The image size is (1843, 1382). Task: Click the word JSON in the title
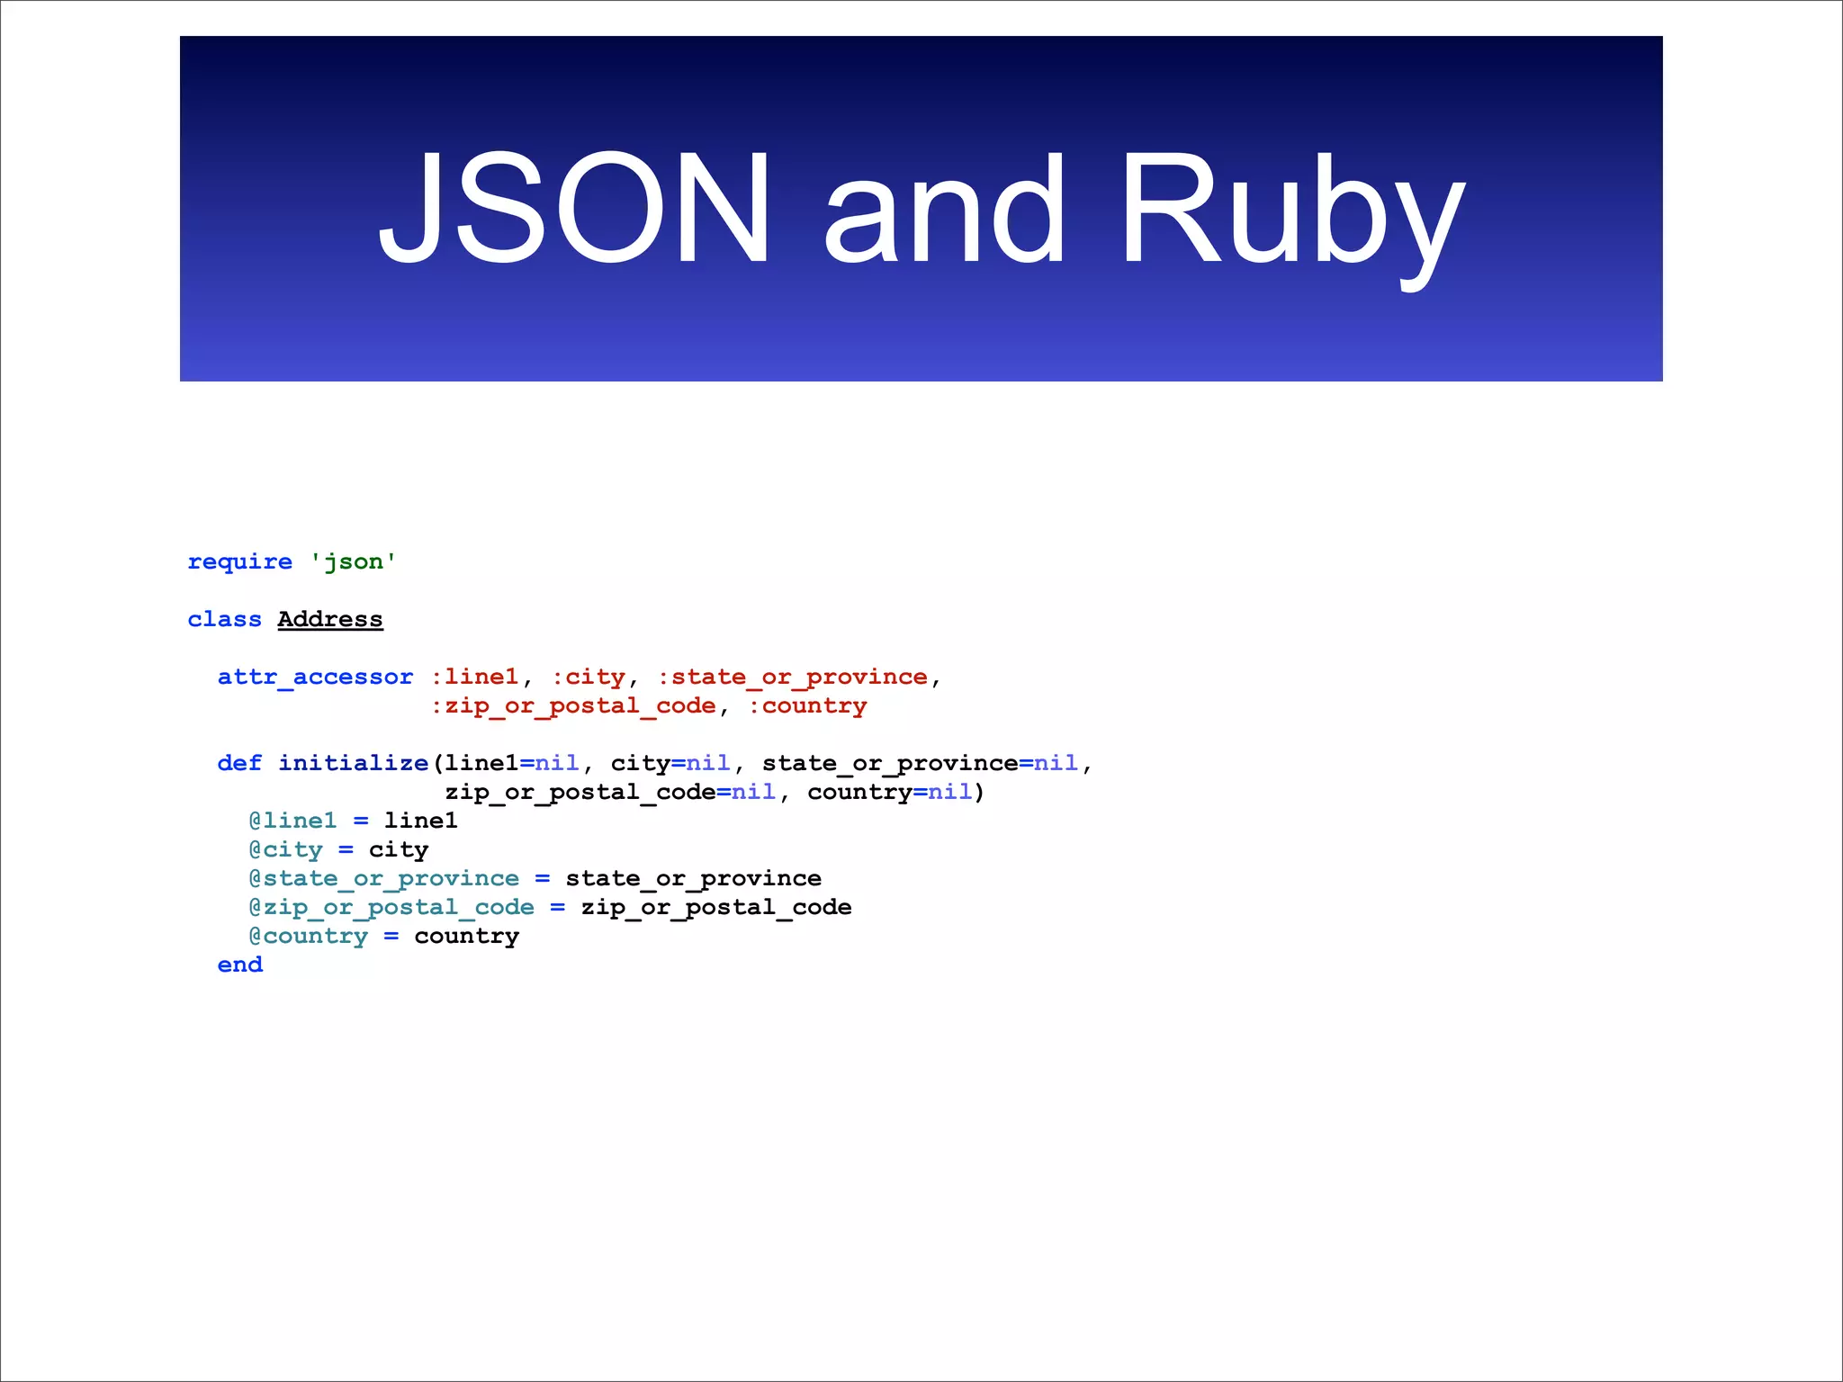click(574, 209)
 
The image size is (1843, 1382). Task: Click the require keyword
click(239, 562)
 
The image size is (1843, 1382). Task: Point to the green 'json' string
click(354, 562)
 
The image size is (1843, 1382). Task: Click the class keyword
click(224, 620)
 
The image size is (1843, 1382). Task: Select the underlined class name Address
click(330, 620)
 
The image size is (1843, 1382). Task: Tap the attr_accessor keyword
click(315, 678)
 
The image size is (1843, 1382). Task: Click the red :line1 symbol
click(474, 678)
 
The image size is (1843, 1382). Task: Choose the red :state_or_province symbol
click(792, 678)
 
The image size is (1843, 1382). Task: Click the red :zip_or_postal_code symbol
click(573, 706)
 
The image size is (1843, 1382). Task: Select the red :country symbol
click(807, 706)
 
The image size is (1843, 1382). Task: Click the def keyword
click(239, 764)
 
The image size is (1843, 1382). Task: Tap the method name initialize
click(353, 764)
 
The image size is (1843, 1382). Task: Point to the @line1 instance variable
click(292, 821)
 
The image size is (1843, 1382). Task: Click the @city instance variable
click(285, 850)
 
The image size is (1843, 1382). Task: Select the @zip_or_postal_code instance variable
click(391, 908)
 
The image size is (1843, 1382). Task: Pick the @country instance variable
click(309, 937)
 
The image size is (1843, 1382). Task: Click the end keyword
click(239, 965)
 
